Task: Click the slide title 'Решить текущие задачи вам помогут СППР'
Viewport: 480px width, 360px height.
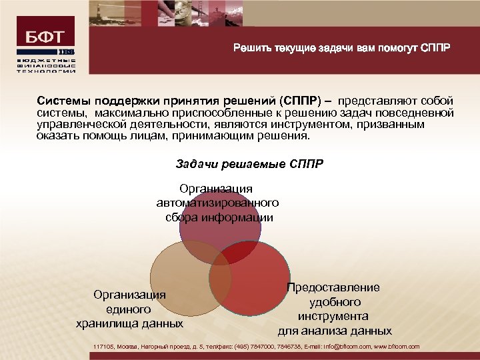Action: click(x=341, y=48)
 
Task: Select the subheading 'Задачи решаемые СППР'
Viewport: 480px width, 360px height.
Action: click(x=249, y=163)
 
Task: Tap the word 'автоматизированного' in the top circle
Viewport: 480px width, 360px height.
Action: click(x=217, y=203)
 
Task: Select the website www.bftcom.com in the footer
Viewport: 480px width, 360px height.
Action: click(x=397, y=347)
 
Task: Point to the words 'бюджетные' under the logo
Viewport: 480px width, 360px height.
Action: click(x=46, y=61)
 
